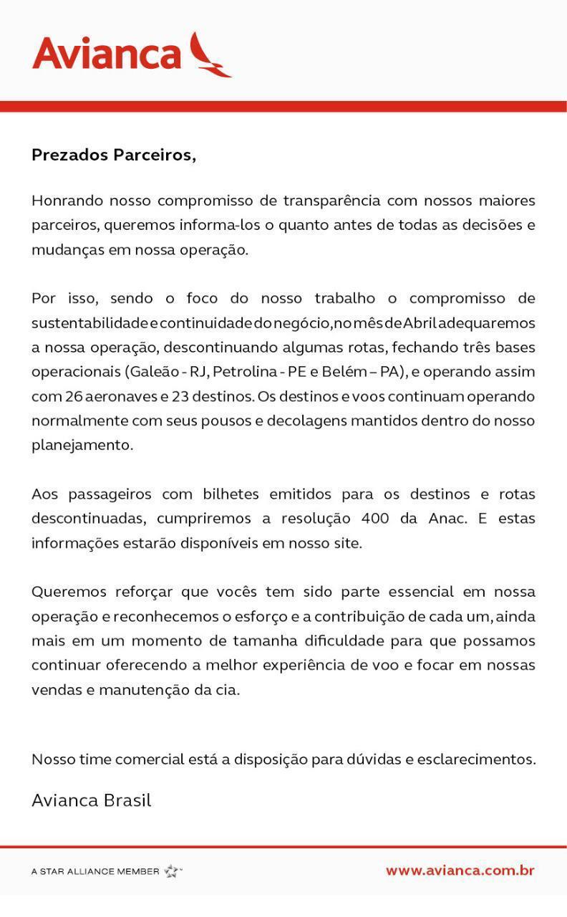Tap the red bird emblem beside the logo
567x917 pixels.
[209, 55]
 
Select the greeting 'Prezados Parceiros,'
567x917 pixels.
[114, 155]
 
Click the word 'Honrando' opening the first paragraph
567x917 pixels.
[67, 201]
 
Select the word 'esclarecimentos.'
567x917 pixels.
[478, 759]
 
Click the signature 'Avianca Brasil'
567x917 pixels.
[91, 800]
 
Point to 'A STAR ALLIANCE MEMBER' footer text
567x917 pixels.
[95, 872]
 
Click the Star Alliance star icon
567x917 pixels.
[172, 871]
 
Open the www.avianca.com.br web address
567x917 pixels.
[460, 871]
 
